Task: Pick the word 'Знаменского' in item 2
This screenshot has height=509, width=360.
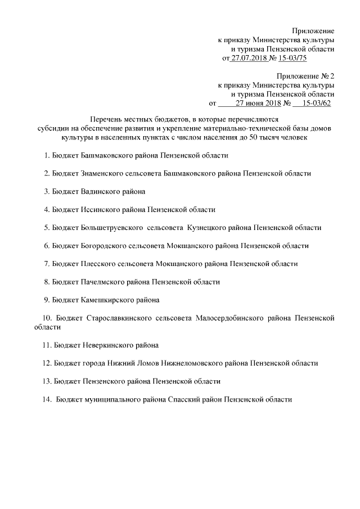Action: [x=102, y=174]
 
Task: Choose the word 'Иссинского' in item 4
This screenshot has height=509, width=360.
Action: [x=100, y=210]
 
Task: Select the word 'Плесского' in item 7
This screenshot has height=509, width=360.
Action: [x=97, y=263]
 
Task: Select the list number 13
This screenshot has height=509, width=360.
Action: [x=47, y=381]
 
